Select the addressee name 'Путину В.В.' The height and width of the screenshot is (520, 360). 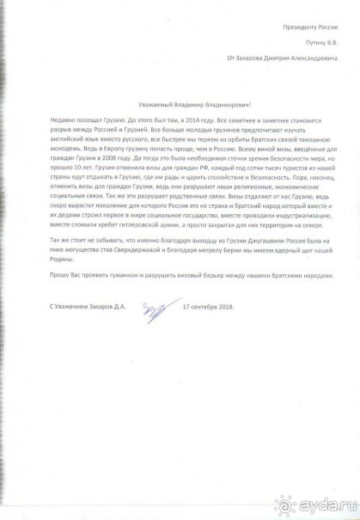(x=317, y=43)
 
